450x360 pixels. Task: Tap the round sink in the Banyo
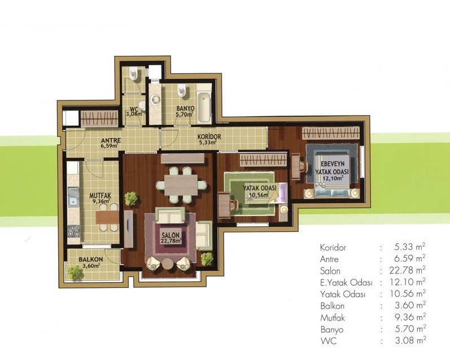coord(155,99)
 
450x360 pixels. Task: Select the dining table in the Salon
coord(181,185)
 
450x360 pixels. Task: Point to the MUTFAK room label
coord(100,195)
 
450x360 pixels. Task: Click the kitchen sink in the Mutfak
coord(73,197)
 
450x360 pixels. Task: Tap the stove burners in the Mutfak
coord(73,231)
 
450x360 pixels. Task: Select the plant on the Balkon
coord(75,273)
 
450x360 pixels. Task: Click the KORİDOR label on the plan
coord(209,137)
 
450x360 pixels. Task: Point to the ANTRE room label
coord(111,141)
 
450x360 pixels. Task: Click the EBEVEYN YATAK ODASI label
coord(332,168)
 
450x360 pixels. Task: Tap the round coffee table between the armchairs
coord(167,264)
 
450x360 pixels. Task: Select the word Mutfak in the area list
coord(333,318)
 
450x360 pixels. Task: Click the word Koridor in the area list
coord(333,247)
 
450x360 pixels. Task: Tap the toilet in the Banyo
coord(182,90)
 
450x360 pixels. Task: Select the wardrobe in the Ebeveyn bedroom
coord(330,133)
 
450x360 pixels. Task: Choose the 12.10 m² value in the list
coord(408,282)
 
